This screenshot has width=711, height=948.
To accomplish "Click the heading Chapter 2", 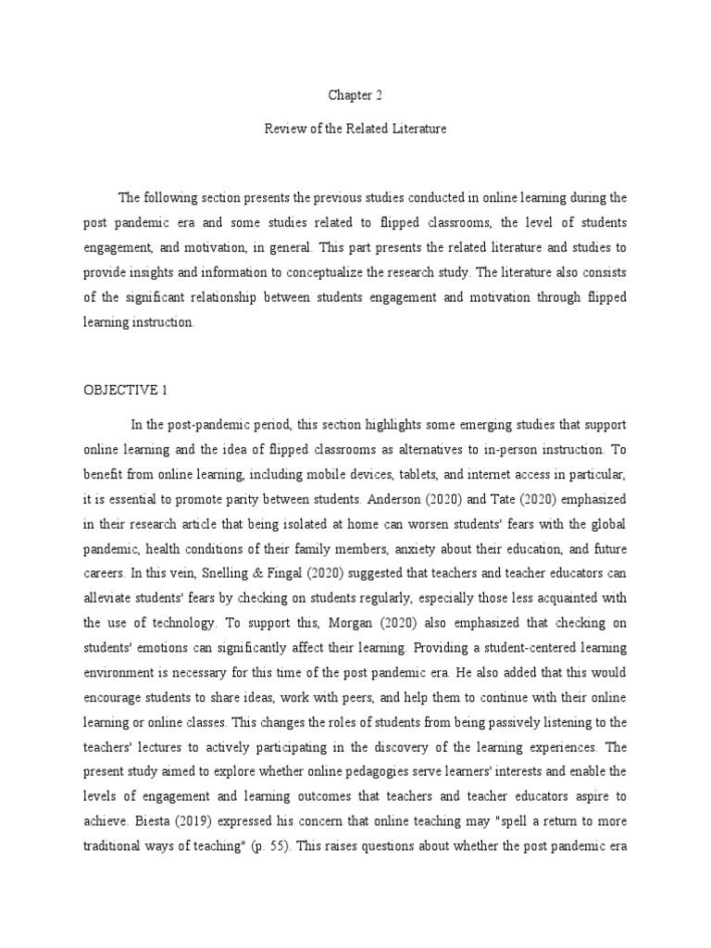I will click(x=355, y=95).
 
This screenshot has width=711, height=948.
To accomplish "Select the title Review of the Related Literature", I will click(x=355, y=130).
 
